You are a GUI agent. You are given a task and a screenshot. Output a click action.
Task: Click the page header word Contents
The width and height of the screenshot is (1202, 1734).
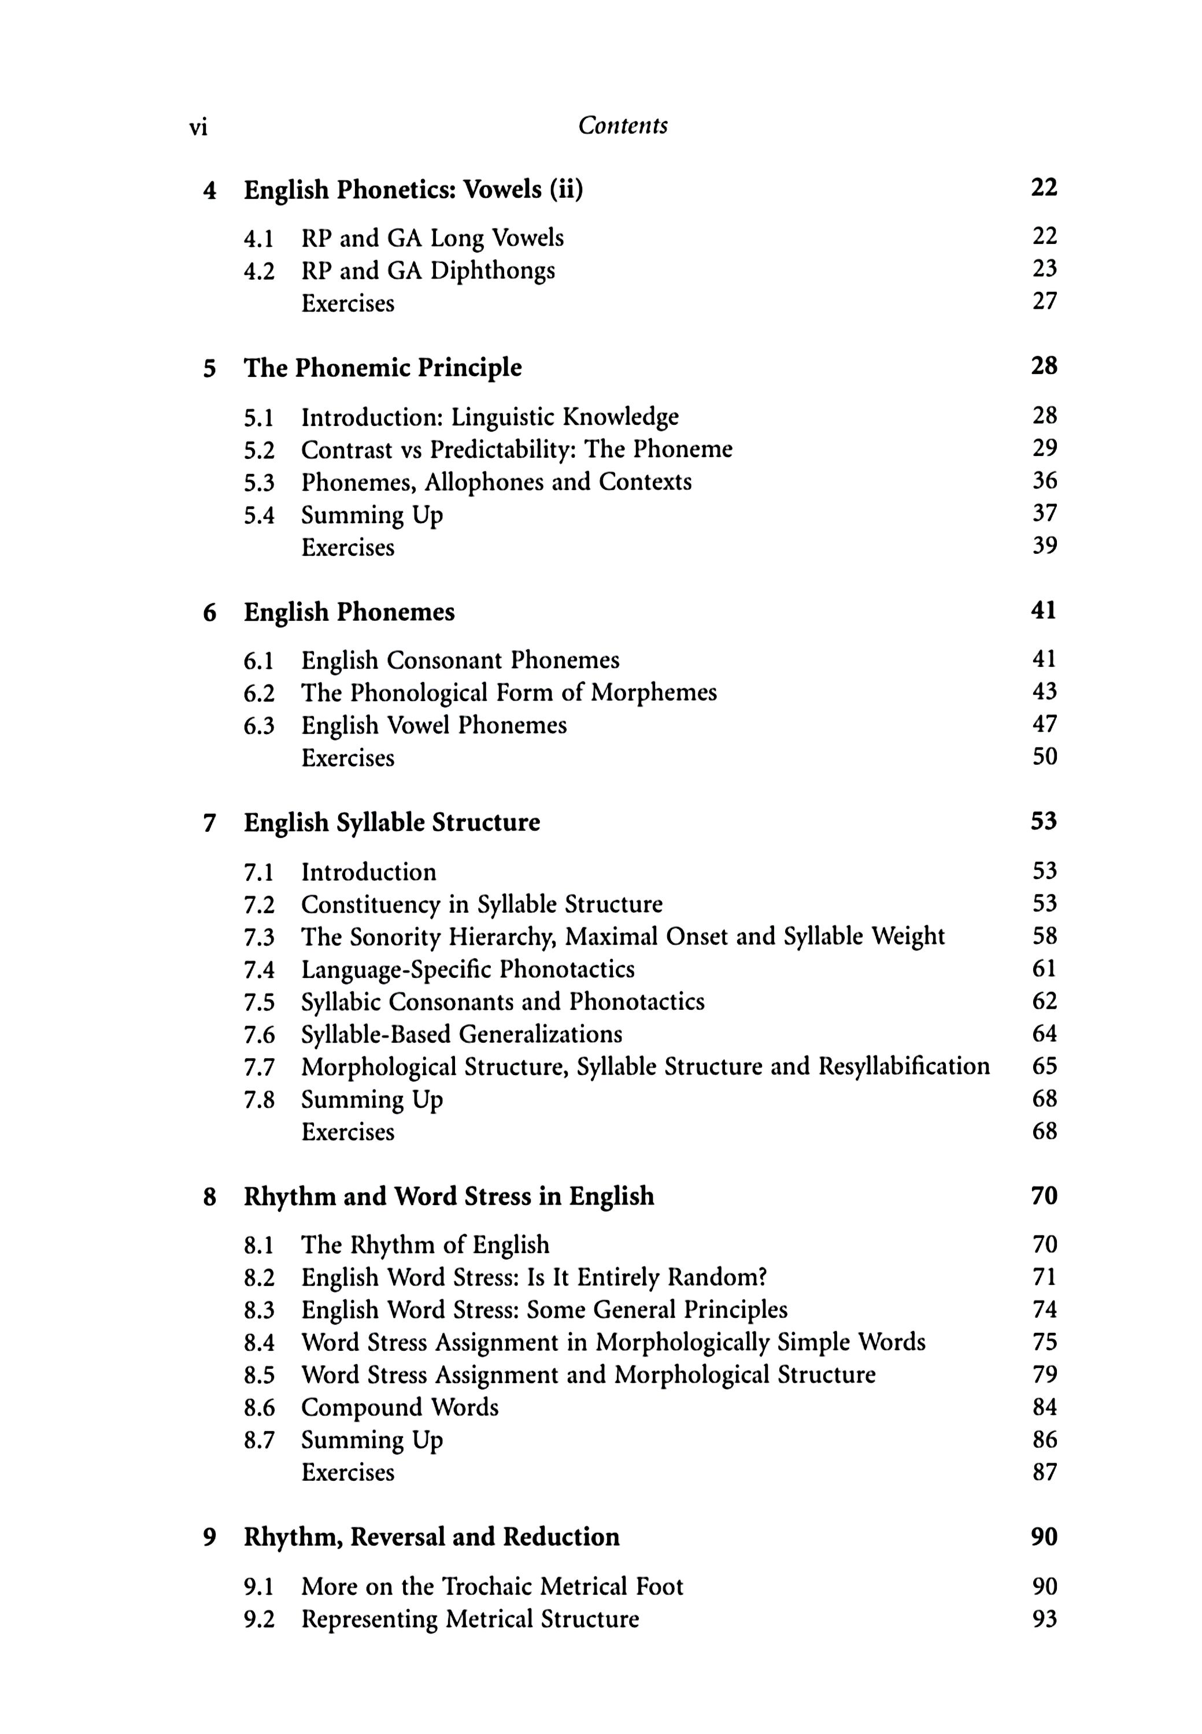point(622,126)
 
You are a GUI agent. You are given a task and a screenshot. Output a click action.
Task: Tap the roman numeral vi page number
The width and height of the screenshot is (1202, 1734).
point(198,127)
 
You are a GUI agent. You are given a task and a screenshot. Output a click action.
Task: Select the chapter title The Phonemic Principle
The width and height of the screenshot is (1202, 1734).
point(383,368)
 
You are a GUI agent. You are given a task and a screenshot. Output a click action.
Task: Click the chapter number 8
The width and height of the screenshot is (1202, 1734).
point(209,1196)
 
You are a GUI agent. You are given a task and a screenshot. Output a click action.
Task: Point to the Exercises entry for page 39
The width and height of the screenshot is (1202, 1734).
point(348,547)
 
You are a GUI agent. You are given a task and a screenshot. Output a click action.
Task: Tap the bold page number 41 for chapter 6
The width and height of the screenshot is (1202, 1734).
point(1044,610)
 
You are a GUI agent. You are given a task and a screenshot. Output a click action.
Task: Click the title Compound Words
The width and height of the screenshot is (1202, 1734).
point(400,1407)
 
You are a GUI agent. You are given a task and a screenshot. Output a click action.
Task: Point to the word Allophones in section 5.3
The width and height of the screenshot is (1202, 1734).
point(485,482)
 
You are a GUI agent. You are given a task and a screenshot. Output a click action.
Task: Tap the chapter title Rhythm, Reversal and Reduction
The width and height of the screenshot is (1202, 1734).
point(431,1537)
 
